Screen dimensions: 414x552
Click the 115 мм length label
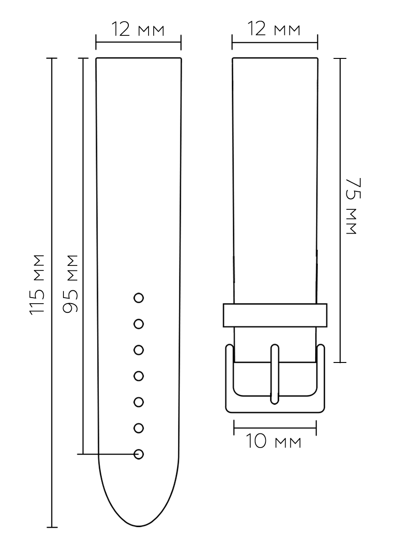point(37,285)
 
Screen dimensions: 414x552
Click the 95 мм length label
point(70,284)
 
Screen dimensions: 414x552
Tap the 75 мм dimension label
point(353,206)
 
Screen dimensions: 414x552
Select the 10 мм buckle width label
point(274,441)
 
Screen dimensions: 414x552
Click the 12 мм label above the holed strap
point(138,29)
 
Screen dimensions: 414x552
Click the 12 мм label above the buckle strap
point(274,29)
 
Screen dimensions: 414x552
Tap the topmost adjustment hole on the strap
point(138,298)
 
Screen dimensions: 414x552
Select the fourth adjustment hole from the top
point(138,376)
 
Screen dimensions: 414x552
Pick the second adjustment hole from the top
point(138,324)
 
